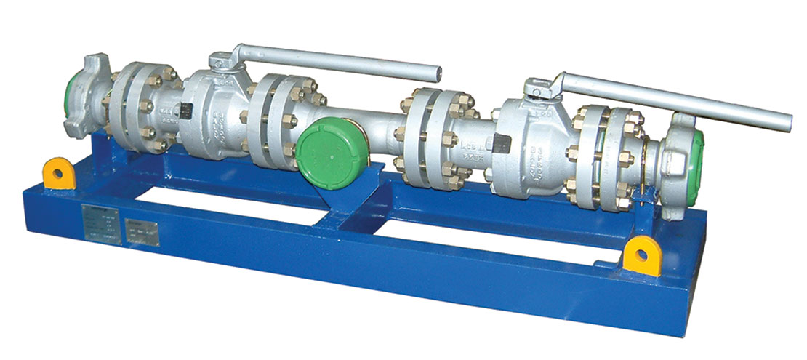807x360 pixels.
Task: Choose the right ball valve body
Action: click(x=531, y=149)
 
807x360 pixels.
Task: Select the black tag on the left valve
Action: click(x=185, y=111)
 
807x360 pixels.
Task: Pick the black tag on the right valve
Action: click(x=500, y=143)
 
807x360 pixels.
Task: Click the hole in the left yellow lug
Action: click(x=56, y=174)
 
